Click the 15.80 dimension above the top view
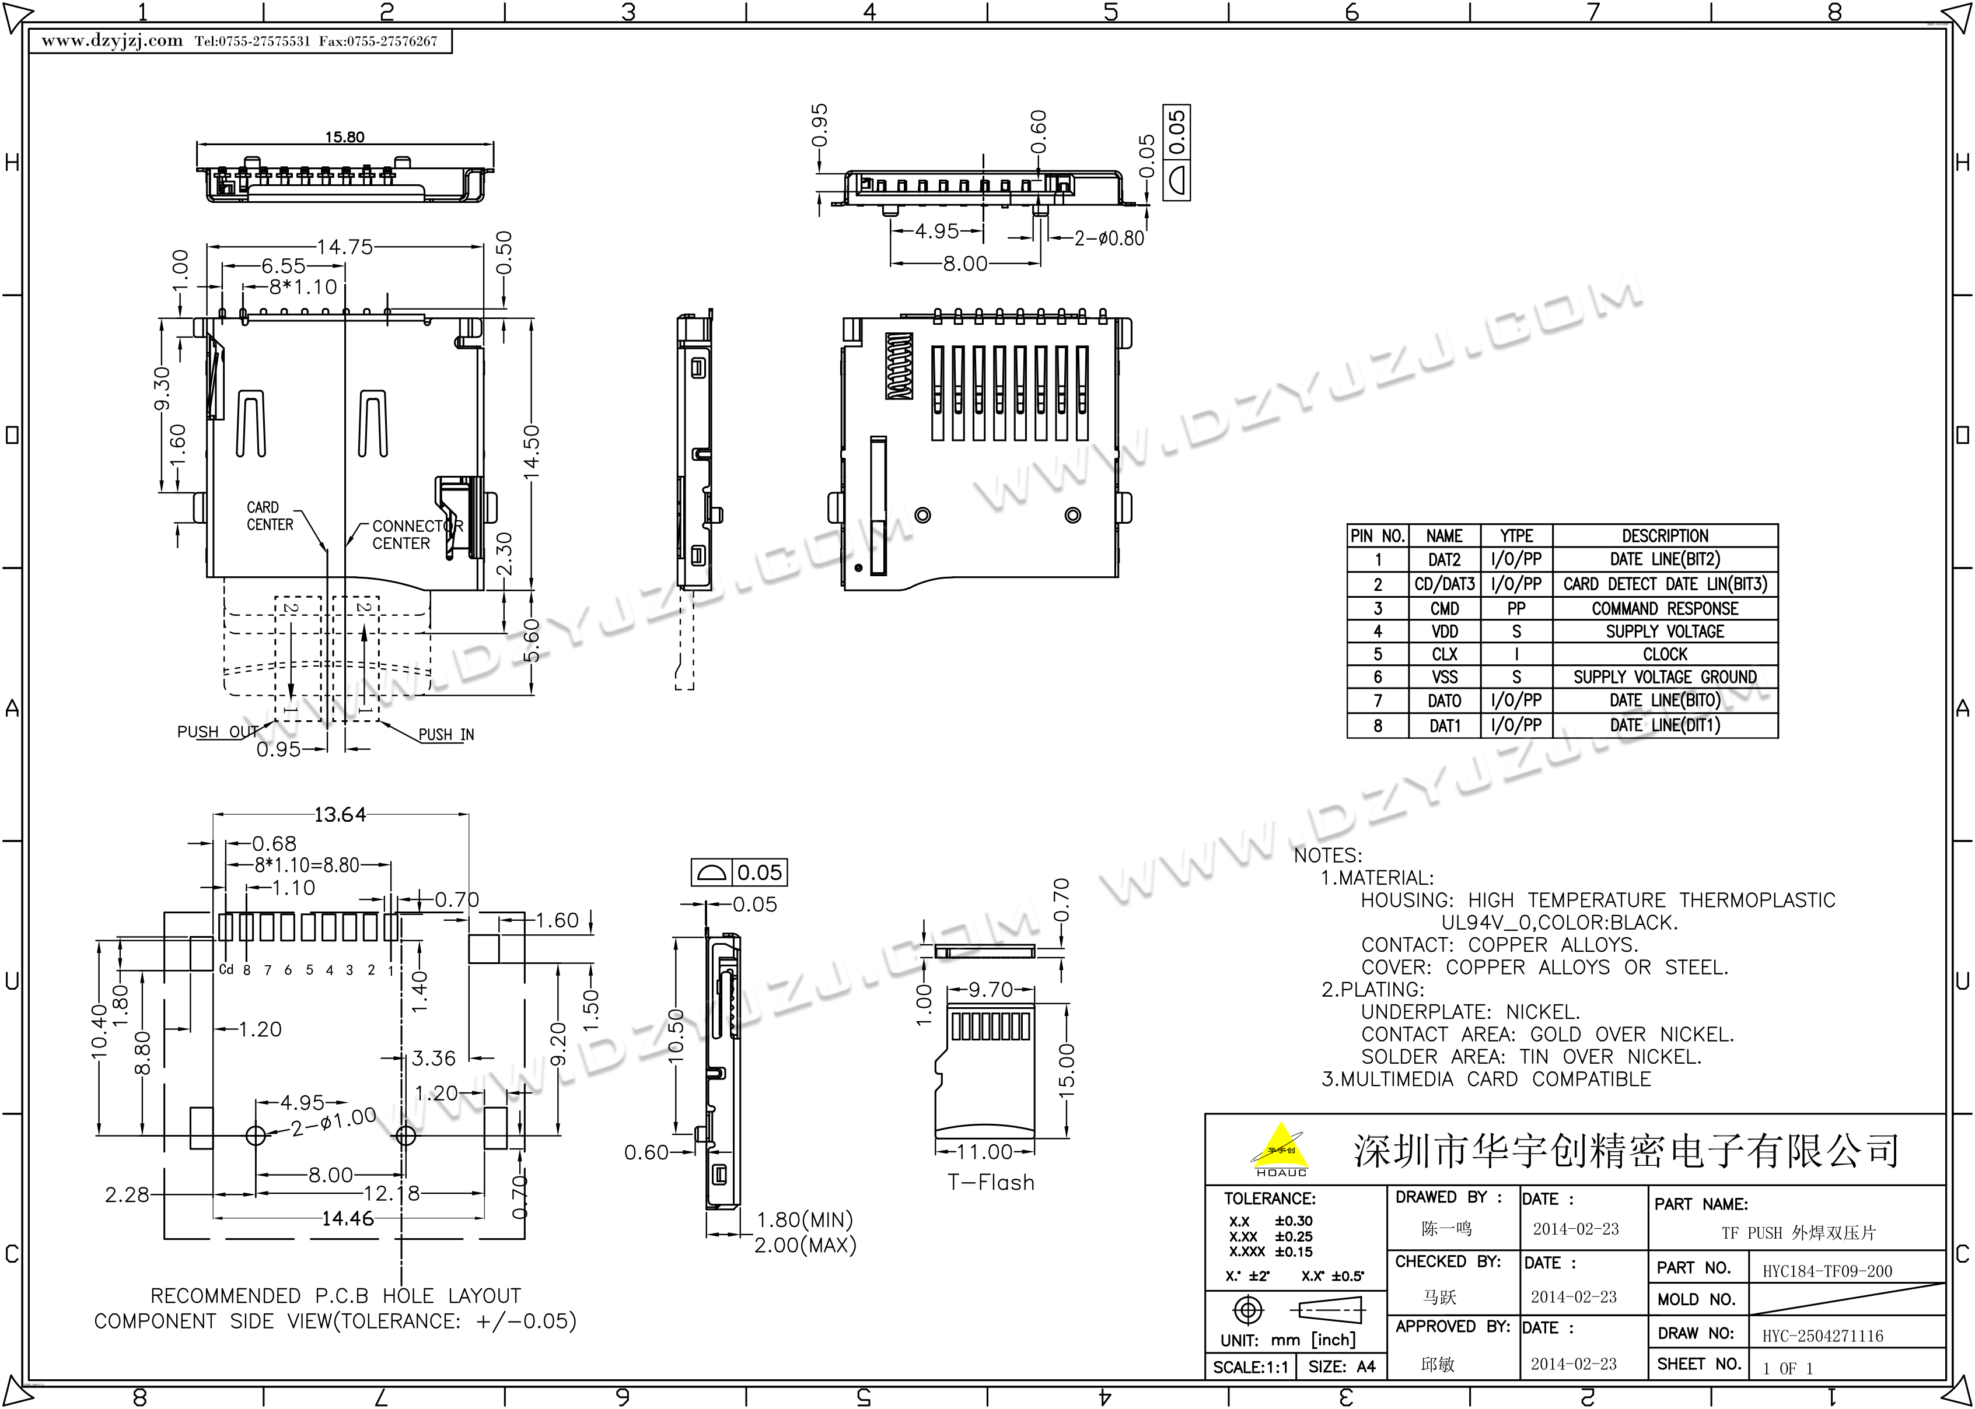[344, 137]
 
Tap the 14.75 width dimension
[344, 247]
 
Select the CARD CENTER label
[270, 516]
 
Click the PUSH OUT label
[218, 732]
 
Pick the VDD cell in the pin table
[1445, 632]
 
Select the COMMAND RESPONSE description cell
[1665, 608]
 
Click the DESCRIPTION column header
[1665, 535]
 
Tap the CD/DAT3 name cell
[1445, 584]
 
